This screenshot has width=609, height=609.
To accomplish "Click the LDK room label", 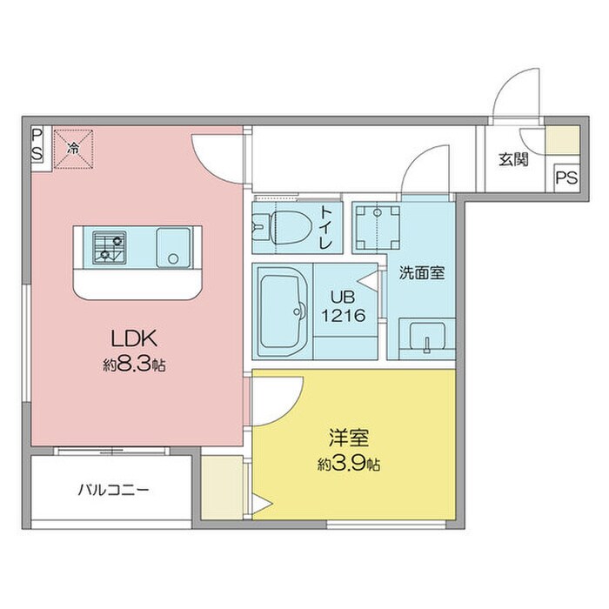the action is coord(134,338).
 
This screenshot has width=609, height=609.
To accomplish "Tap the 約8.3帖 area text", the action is coord(134,365).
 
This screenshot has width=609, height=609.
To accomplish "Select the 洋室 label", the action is coord(348,438).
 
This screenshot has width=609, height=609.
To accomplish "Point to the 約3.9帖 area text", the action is coord(348,464).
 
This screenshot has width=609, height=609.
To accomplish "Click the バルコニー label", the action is coord(113,490).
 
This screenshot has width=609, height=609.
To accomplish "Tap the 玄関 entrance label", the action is coord(513,159).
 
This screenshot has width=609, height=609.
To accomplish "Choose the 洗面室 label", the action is coord(422,273).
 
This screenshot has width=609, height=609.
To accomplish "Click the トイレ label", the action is coord(326,227).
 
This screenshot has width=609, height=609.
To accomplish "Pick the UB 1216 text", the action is coord(344,306).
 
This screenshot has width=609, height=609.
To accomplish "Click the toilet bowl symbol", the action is coord(290,227).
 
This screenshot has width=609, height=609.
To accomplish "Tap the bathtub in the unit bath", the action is coord(282,311).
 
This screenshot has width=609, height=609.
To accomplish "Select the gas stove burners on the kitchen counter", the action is coord(110,246).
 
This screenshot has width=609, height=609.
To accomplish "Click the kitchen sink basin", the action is coord(173,247).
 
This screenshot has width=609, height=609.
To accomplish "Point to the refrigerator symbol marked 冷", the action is coord(73,149).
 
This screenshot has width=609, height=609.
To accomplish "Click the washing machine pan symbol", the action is coord(378,227).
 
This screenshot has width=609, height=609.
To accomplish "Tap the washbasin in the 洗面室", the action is coord(427,338).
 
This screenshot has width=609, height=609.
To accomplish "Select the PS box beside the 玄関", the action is coord(566,177).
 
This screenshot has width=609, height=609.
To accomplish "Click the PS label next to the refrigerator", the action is coord(37,144).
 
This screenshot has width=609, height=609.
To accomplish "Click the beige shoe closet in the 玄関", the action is coord(562,140).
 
